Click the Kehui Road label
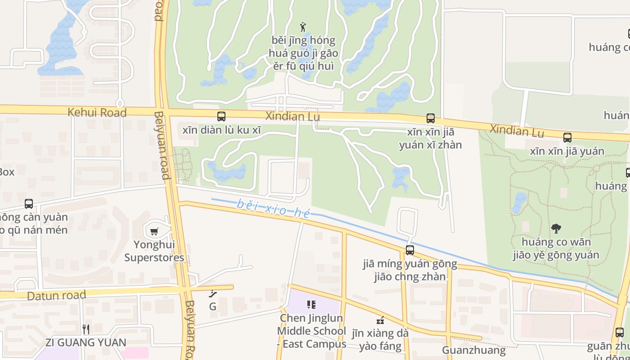pos(97,112)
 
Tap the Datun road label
pos(56,296)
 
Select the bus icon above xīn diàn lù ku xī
pos(221,117)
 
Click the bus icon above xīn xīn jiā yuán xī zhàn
pos(431,118)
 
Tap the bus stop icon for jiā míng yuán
pos(410,250)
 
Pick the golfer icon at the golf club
pos(303,27)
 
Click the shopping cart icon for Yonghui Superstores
pos(154,232)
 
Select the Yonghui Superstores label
pos(154,252)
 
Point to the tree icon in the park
pos(556,229)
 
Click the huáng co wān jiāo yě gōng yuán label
pos(556,249)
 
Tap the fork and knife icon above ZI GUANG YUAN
pos(86,329)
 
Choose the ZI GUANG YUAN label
pos(86,342)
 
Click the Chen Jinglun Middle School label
pos(311,331)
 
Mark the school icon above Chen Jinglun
pos(311,305)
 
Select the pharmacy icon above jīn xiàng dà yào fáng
pos(380,321)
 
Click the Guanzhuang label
pos(474,350)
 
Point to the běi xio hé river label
pos(274,208)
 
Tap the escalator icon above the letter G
pos(213,294)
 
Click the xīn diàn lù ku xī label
pos(221,130)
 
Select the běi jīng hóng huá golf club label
pos(304,53)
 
